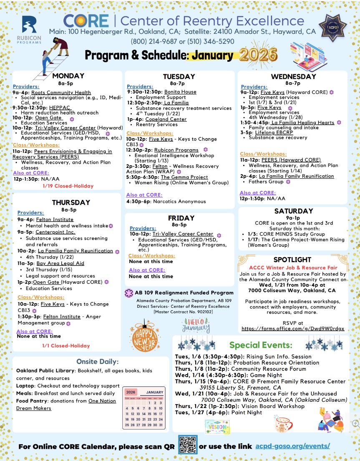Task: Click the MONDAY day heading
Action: [68, 76]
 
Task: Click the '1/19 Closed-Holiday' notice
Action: [68, 186]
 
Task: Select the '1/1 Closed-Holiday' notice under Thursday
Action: [66, 346]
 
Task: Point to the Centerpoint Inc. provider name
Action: [55, 232]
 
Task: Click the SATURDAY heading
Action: [293, 211]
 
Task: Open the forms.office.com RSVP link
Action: [293, 329]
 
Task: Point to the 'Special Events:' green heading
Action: [261, 345]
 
